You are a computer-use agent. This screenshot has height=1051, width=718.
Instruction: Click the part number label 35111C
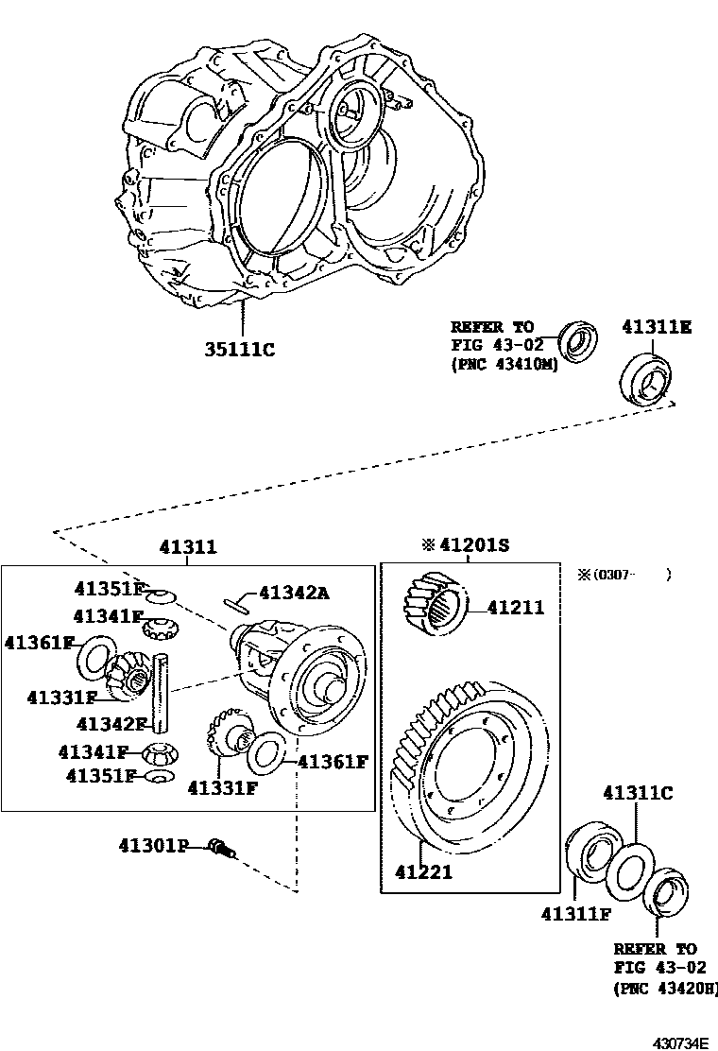[240, 350]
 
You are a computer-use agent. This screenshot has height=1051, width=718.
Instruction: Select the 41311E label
[656, 327]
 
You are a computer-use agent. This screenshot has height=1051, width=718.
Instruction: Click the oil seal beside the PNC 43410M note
[577, 342]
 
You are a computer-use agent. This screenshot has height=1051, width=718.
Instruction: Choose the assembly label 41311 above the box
[187, 546]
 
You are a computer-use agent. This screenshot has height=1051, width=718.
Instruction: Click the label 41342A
[294, 593]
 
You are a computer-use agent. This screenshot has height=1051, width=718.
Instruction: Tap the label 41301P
[154, 845]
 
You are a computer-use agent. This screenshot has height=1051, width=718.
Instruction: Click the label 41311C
[638, 792]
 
